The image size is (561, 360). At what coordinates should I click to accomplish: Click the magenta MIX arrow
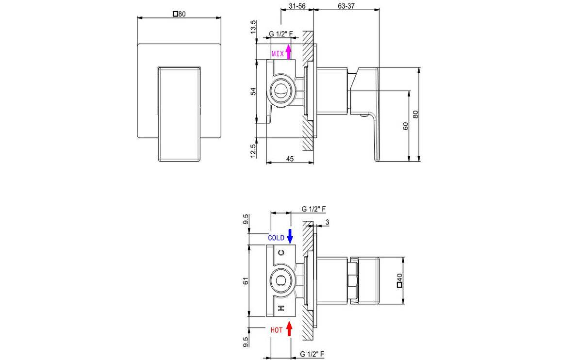point(288,51)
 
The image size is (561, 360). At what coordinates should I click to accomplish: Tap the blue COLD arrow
point(290,236)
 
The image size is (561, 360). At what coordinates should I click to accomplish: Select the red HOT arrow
point(290,329)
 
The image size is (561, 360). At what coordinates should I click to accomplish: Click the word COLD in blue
point(276,238)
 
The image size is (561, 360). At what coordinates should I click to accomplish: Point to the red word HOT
point(277,330)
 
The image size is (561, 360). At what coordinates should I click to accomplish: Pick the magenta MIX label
point(277,53)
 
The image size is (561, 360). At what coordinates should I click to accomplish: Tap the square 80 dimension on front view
point(180,14)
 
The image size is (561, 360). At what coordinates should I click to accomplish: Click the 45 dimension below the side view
point(290,158)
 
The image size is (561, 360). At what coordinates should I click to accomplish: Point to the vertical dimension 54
point(252,91)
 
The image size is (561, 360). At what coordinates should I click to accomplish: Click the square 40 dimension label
point(400,280)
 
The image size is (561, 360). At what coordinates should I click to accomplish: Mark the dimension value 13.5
point(252,27)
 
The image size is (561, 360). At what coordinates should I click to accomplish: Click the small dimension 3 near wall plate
point(328,222)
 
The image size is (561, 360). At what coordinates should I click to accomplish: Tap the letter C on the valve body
point(280,253)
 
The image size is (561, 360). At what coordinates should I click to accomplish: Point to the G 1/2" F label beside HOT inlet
point(313,354)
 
